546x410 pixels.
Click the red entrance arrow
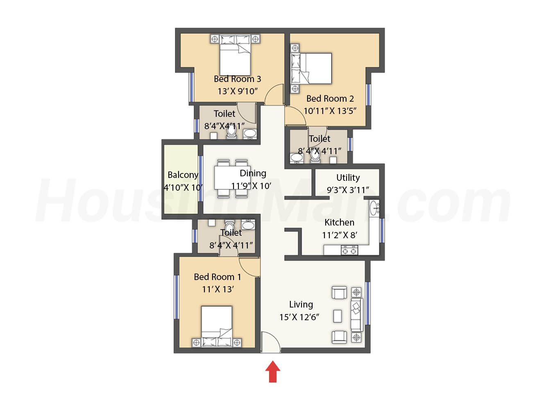[x=272, y=371]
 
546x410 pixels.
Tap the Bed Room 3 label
[x=237, y=79]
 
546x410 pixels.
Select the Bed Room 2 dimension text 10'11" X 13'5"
[x=330, y=111]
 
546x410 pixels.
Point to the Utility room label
[x=348, y=178]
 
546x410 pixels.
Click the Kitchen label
[x=339, y=222]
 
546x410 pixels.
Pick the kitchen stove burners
[x=349, y=250]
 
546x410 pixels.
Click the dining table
[x=232, y=178]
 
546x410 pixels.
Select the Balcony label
[x=183, y=175]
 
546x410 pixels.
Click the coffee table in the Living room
[x=337, y=316]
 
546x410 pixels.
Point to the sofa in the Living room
[x=357, y=315]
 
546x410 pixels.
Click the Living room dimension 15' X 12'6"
[x=299, y=317]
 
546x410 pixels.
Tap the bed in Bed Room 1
[x=217, y=326]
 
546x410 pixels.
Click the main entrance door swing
[x=271, y=342]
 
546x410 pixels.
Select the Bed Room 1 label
[x=217, y=277]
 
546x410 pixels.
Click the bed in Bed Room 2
[x=311, y=68]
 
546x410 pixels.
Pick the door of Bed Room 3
[x=274, y=94]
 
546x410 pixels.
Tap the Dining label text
[x=253, y=173]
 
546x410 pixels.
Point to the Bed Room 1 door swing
[x=249, y=267]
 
